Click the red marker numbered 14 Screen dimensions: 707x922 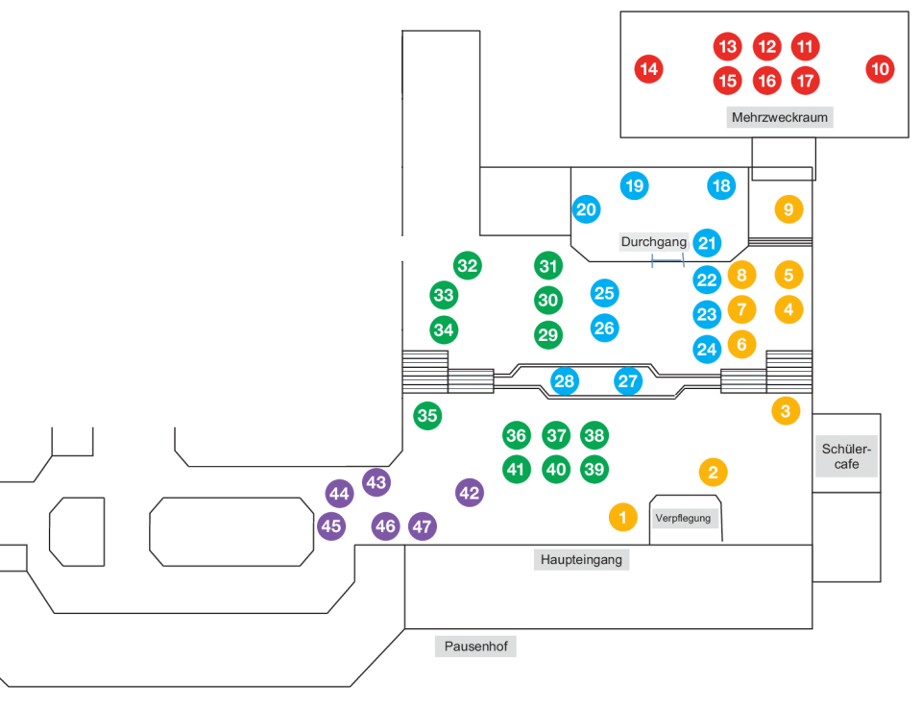point(649,68)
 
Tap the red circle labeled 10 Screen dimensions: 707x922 point(880,68)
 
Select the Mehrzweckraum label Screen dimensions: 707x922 point(779,118)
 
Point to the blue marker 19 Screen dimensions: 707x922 point(634,185)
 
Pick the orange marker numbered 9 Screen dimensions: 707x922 point(789,208)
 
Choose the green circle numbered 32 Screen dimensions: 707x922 point(468,266)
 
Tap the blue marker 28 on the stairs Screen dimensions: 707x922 point(565,381)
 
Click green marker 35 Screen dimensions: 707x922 point(427,416)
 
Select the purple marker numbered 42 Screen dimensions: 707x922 point(469,493)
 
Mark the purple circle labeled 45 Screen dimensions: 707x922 point(331,526)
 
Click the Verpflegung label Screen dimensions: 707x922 point(683,519)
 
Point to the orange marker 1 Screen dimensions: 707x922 point(622,518)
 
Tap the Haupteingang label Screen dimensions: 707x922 point(581,559)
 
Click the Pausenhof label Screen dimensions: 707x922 point(476,646)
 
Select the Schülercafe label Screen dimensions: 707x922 point(847,456)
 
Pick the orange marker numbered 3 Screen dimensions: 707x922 point(786,411)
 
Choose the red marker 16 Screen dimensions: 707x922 point(766,81)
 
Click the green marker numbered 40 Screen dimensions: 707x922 point(556,469)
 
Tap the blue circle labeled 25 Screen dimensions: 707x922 point(604,293)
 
